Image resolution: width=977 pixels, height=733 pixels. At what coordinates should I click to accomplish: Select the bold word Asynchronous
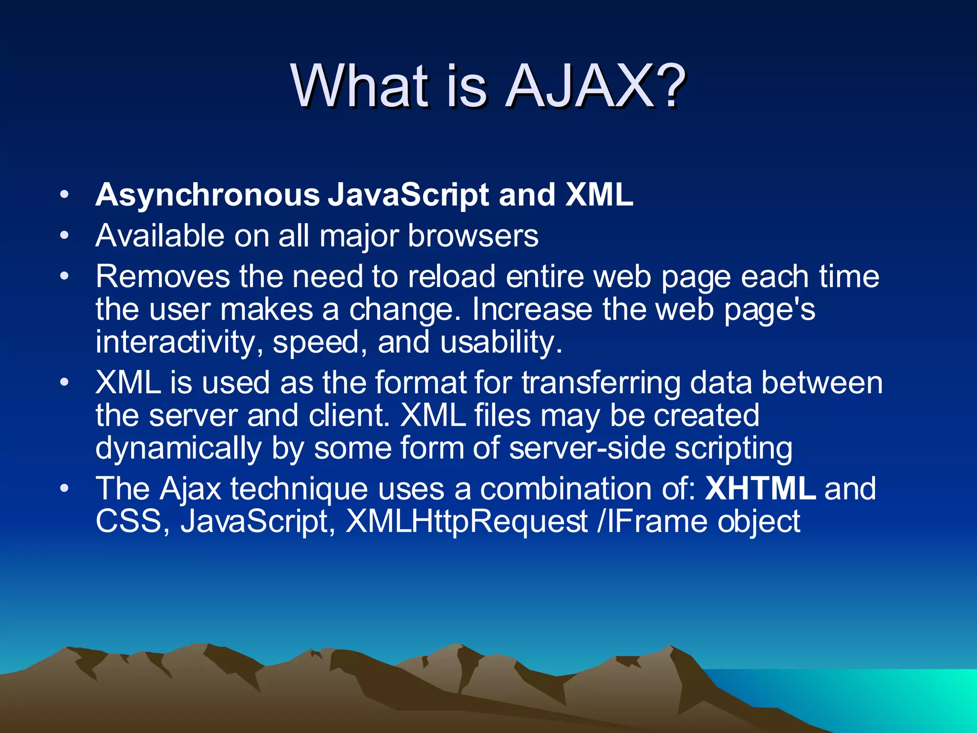click(208, 196)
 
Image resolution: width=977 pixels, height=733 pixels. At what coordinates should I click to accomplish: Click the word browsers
click(473, 236)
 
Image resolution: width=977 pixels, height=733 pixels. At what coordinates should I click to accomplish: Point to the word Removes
click(163, 277)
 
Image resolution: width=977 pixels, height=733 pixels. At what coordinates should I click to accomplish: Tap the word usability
click(501, 343)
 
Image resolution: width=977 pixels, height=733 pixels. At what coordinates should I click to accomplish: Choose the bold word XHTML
click(760, 489)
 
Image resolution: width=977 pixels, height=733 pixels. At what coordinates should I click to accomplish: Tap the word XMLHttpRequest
click(467, 522)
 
